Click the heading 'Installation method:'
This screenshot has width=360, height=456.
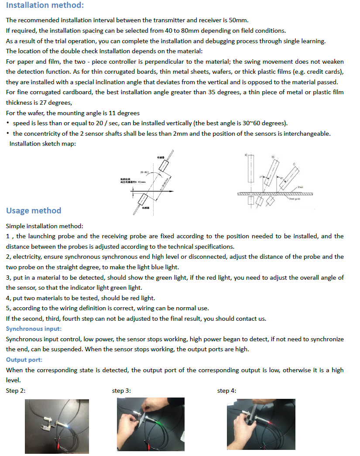[45, 6]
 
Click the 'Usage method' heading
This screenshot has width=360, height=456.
[34, 211]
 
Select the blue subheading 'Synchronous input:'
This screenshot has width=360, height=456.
[34, 329]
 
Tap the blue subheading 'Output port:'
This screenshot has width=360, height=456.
[24, 360]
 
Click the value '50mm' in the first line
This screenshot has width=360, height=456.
[240, 20]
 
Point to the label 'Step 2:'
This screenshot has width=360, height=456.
[16, 391]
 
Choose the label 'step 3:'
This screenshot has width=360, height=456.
[121, 391]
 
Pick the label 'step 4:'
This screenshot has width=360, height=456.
[226, 391]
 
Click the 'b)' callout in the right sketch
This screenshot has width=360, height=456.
[273, 156]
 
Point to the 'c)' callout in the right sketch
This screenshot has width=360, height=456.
[294, 164]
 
